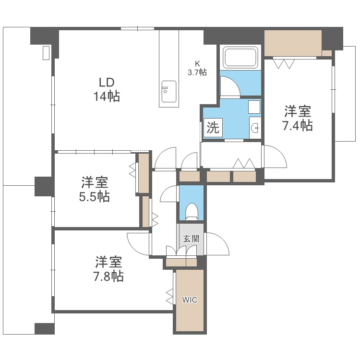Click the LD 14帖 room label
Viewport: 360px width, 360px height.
[107, 89]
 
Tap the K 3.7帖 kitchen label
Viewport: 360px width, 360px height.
[197, 68]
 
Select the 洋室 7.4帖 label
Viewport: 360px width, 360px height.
[298, 119]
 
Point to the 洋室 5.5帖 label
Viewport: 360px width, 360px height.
[95, 189]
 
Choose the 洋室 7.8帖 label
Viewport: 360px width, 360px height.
[108, 269]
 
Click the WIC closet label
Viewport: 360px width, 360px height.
[189, 300]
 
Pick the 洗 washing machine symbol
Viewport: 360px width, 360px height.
[213, 128]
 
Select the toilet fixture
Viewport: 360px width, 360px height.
[191, 211]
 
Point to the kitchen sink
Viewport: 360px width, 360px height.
[168, 91]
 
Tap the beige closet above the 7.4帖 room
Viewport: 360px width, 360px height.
[293, 44]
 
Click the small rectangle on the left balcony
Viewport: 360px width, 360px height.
[46, 53]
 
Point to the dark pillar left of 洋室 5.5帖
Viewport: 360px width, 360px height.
[44, 186]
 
